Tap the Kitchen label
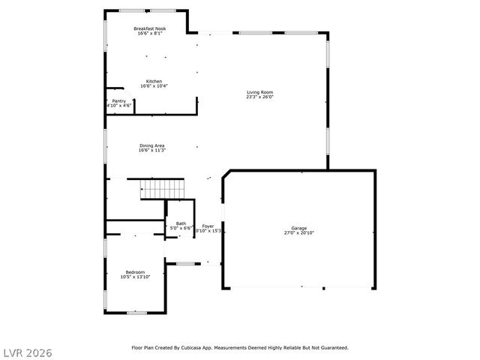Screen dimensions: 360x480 154,81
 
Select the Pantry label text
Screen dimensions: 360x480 119,101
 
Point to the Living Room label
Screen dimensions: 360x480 260,93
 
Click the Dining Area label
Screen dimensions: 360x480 151,145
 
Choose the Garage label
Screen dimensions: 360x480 299,228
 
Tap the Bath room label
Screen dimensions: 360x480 181,223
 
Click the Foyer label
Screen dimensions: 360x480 208,226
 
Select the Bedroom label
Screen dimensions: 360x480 135,272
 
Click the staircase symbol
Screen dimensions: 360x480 163,189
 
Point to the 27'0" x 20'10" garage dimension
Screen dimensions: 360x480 299,232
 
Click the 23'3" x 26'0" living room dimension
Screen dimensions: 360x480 260,97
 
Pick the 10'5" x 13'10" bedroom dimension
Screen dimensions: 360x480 135,277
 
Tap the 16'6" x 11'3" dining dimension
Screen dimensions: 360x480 151,150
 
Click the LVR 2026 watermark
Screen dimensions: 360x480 27,351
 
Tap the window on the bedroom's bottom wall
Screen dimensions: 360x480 136,312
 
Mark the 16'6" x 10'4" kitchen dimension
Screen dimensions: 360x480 154,85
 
